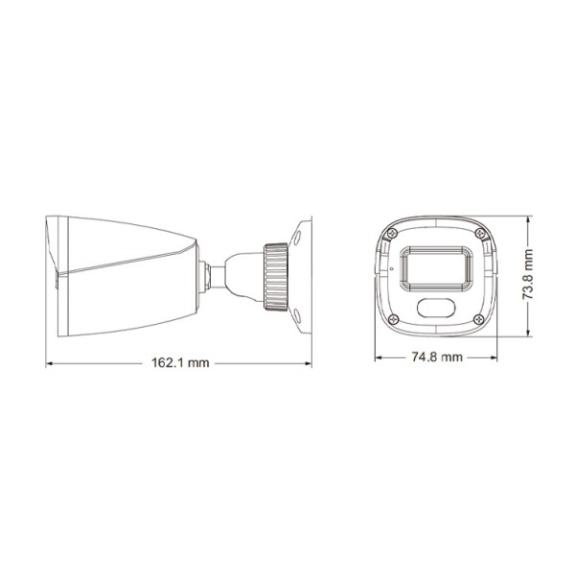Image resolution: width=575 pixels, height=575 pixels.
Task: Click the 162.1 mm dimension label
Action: point(181,363)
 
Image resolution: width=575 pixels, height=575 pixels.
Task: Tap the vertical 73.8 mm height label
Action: point(526,275)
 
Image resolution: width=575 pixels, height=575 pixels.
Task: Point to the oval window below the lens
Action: point(437,308)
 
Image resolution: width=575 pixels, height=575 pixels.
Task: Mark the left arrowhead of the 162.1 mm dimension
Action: point(50,363)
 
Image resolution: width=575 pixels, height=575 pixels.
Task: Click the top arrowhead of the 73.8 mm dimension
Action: point(526,217)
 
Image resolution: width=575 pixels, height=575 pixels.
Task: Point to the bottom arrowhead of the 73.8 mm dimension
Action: point(526,334)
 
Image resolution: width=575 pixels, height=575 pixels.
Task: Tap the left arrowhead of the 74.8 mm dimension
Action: point(377,356)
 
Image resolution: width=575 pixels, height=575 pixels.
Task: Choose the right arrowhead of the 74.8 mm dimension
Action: point(496,356)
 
